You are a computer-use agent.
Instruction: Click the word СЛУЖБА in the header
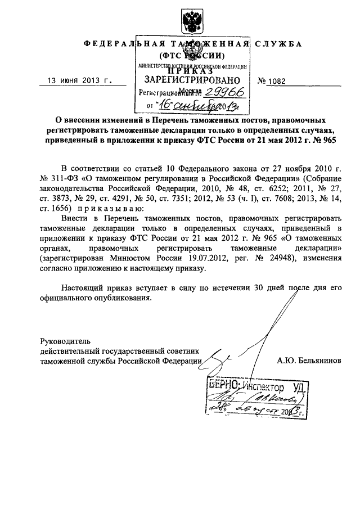pos(277,44)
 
